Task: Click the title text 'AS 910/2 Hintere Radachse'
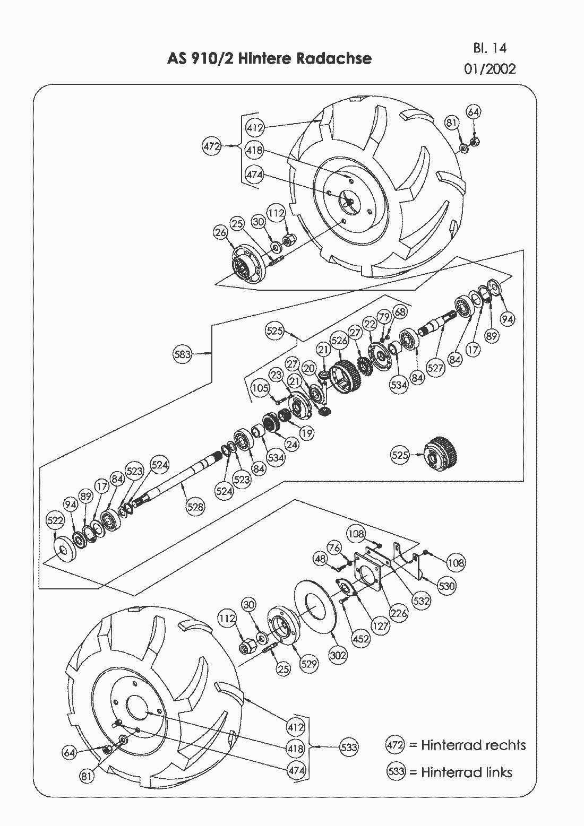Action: point(269,58)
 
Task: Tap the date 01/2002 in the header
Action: point(489,69)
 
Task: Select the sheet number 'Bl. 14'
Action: point(489,48)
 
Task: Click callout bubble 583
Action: point(183,354)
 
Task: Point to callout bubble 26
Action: point(221,232)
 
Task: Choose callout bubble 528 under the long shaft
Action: point(195,507)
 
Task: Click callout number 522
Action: point(55,520)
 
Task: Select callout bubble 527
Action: point(435,368)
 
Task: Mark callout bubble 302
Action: point(338,655)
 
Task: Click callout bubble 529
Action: point(309,664)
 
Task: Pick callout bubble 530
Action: point(446,586)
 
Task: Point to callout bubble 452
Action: point(361,639)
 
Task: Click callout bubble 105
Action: point(260,388)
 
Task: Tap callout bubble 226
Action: point(399,613)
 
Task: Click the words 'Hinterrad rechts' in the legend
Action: point(473,745)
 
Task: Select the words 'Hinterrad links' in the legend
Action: point(466,772)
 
